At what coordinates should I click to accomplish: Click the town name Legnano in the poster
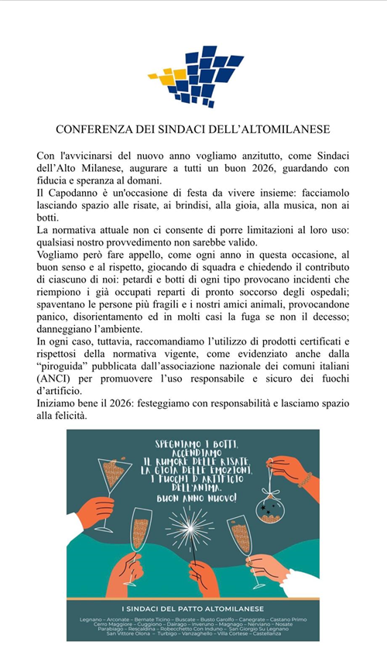(x=94, y=619)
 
